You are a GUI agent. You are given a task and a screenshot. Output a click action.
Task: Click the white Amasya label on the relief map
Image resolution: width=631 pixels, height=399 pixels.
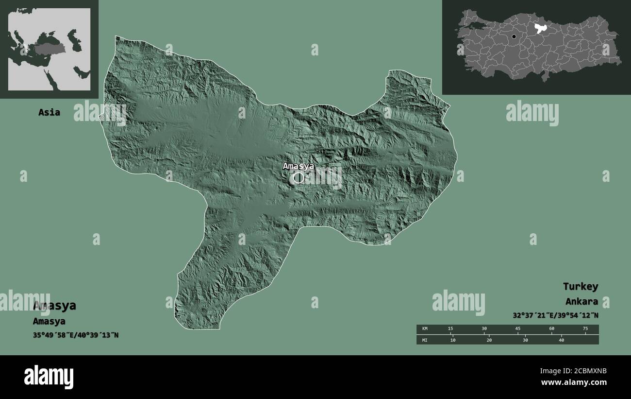pyautogui.click(x=298, y=166)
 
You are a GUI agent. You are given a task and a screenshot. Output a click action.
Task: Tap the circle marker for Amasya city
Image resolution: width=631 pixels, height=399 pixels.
pyautogui.click(x=299, y=178)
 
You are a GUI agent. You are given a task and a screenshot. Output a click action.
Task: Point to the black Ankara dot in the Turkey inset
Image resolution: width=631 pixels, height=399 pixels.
pyautogui.click(x=514, y=36)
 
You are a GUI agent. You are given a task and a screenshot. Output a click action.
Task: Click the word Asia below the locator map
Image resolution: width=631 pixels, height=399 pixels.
pyautogui.click(x=49, y=112)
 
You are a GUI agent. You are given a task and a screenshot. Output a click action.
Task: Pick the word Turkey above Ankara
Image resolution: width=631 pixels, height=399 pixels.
pyautogui.click(x=580, y=286)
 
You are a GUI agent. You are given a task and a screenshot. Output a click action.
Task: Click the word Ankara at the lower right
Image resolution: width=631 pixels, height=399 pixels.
pyautogui.click(x=581, y=301)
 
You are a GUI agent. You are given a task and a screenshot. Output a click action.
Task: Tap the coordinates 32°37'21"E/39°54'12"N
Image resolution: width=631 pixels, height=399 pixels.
pyautogui.click(x=555, y=315)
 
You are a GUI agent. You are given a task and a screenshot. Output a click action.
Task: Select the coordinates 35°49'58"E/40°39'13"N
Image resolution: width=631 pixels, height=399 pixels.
pyautogui.click(x=75, y=335)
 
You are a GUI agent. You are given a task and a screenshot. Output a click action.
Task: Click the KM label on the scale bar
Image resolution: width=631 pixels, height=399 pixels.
pyautogui.click(x=425, y=329)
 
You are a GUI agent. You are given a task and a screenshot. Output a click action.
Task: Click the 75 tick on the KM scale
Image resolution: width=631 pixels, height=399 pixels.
pyautogui.click(x=585, y=329)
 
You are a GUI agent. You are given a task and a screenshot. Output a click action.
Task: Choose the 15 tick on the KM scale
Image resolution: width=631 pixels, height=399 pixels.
pyautogui.click(x=450, y=329)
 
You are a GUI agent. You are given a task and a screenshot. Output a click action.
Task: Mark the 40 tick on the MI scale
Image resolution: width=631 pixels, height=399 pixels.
pyautogui.click(x=561, y=340)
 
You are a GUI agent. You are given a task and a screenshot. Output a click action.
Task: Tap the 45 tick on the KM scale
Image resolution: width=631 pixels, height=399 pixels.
pyautogui.click(x=518, y=329)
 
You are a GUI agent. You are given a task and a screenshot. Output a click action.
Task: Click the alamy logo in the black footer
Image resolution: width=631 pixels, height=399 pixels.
pyautogui.click(x=49, y=377)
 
